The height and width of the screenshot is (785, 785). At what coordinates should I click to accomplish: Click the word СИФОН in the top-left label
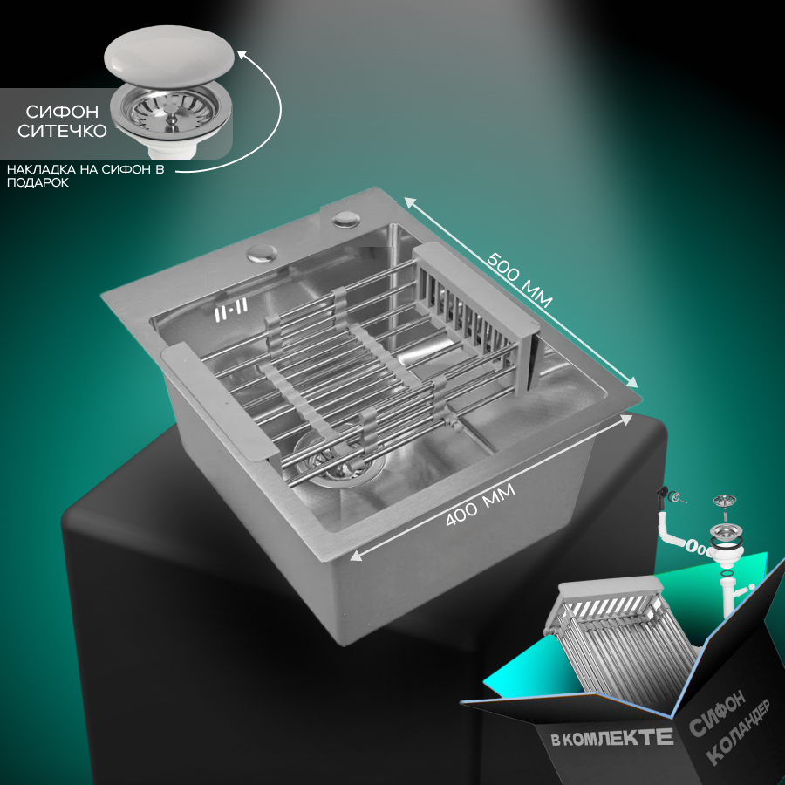tap(62, 111)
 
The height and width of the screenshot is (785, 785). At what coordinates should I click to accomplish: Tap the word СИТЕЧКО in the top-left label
tap(62, 131)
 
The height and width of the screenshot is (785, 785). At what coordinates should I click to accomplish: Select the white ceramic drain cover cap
tap(169, 53)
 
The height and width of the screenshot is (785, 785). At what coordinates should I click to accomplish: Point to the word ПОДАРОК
tap(38, 183)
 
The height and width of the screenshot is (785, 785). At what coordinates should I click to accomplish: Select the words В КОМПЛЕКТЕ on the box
tap(611, 738)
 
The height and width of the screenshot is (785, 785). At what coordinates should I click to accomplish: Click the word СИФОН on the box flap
tap(717, 713)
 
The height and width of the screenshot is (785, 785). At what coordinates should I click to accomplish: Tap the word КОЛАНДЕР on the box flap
tap(738, 732)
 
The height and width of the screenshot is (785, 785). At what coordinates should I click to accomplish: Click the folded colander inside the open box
tap(621, 641)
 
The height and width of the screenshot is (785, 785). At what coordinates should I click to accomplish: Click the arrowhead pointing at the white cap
tap(242, 54)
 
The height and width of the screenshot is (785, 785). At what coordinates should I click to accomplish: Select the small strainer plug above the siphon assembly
tap(725, 502)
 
